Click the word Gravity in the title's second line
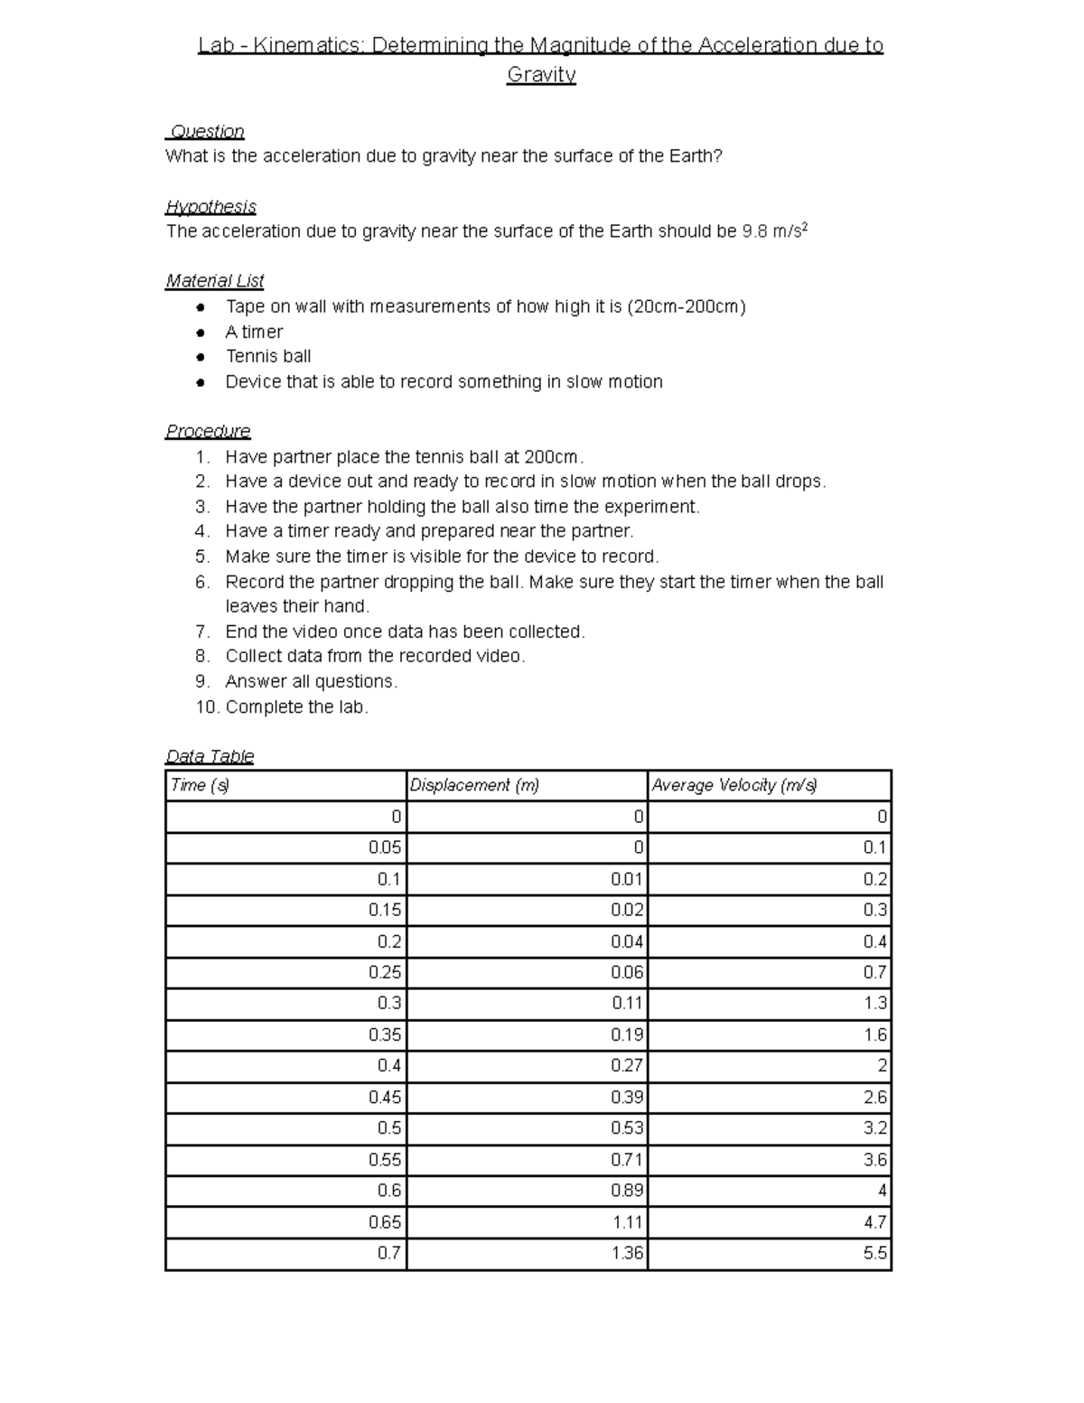[541, 75]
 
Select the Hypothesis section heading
[210, 207]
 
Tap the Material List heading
[214, 281]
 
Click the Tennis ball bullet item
[268, 357]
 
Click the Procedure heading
[208, 431]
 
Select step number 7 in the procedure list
[202, 631]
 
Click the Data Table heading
[210, 756]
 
